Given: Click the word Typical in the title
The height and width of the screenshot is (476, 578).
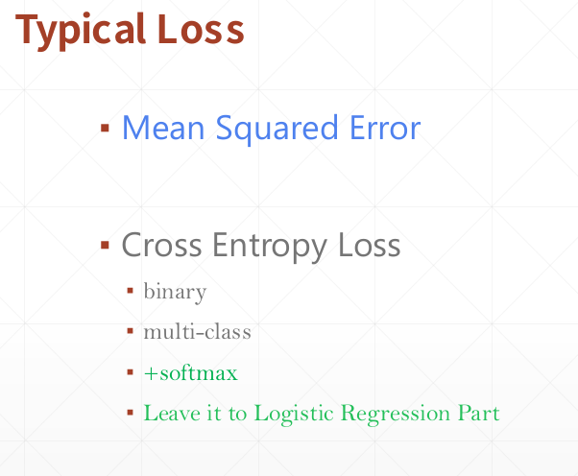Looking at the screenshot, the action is click(x=81, y=31).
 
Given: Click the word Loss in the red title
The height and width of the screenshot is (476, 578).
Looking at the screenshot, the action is click(x=201, y=29).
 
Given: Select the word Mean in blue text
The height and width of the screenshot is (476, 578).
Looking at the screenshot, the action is click(x=163, y=128).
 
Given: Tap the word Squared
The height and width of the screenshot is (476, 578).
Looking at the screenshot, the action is click(x=277, y=130).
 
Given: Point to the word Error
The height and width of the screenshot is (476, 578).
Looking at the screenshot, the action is click(x=385, y=128).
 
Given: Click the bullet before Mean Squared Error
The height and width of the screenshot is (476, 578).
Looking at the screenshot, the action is click(x=105, y=128).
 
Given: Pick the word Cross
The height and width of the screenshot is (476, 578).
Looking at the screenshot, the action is click(x=161, y=245).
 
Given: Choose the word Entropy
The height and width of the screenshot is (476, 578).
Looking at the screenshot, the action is click(x=270, y=247).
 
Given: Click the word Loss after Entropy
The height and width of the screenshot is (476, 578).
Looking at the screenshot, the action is click(x=369, y=245).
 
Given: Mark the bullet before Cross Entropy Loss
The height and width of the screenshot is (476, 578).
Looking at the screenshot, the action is click(x=105, y=245).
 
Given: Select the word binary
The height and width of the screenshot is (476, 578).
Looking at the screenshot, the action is click(x=175, y=293).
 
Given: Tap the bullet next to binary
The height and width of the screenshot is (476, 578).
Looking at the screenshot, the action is click(x=131, y=291).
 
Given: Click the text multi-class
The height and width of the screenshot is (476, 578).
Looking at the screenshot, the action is click(x=197, y=331).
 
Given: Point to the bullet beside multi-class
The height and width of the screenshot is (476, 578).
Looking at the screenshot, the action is click(x=131, y=331).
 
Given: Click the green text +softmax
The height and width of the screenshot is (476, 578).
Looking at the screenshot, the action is click(x=190, y=372).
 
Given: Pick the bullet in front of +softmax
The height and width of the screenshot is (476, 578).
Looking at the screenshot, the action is click(x=131, y=372).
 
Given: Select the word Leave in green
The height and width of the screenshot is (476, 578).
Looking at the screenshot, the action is click(x=172, y=413).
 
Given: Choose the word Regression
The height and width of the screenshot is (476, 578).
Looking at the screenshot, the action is click(x=396, y=415).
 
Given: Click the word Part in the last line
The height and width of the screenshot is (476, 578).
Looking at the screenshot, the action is click(x=478, y=413).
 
